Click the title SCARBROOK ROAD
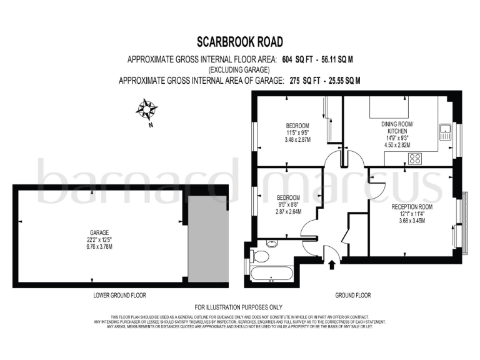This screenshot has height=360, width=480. [x=240, y=42]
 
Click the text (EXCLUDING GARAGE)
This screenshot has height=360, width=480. [x=239, y=70]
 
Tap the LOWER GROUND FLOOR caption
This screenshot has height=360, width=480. [x=120, y=295]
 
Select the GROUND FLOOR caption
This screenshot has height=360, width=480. [x=353, y=295]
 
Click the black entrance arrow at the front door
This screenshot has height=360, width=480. [x=331, y=265]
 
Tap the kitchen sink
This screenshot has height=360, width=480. [x=445, y=132]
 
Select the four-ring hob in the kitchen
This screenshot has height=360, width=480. [x=414, y=159]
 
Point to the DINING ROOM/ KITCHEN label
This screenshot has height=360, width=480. [x=397, y=127]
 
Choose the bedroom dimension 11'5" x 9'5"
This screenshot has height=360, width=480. [x=298, y=132]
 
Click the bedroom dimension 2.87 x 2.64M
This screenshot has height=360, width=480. [x=289, y=211]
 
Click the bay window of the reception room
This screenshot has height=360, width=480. [x=464, y=222]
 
